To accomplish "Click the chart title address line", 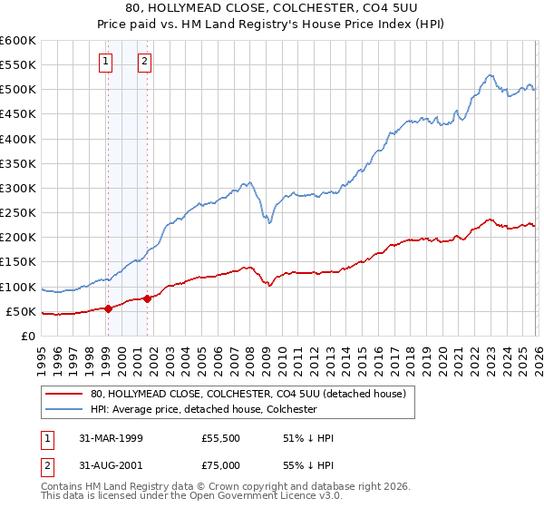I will click(272, 7).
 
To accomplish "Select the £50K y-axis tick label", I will click(22, 312).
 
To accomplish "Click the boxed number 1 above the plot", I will click(107, 62).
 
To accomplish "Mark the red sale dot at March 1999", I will click(108, 308).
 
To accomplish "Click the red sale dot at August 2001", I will click(147, 298).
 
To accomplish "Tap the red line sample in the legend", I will click(65, 394).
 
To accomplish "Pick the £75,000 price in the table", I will click(222, 464).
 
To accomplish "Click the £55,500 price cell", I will click(222, 438).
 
